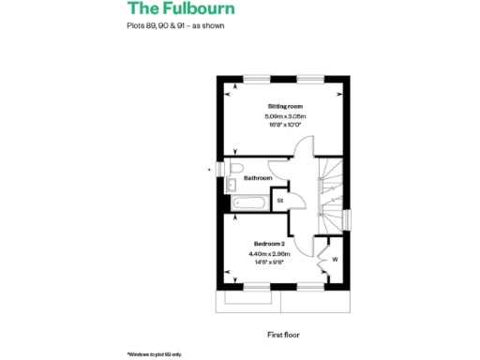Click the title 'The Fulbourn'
[x=181, y=9]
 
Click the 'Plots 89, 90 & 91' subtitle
[x=175, y=25]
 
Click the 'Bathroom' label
[x=258, y=177]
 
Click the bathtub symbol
[x=250, y=202]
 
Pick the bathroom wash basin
[x=232, y=187]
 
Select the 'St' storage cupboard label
[x=279, y=200]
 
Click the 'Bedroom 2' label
[x=268, y=243]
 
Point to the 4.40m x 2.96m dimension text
[x=269, y=253]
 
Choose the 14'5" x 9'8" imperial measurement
[x=269, y=262]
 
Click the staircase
[x=330, y=192]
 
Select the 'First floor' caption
[x=283, y=333]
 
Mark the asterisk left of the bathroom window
[x=209, y=170]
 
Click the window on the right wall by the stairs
[x=347, y=218]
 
